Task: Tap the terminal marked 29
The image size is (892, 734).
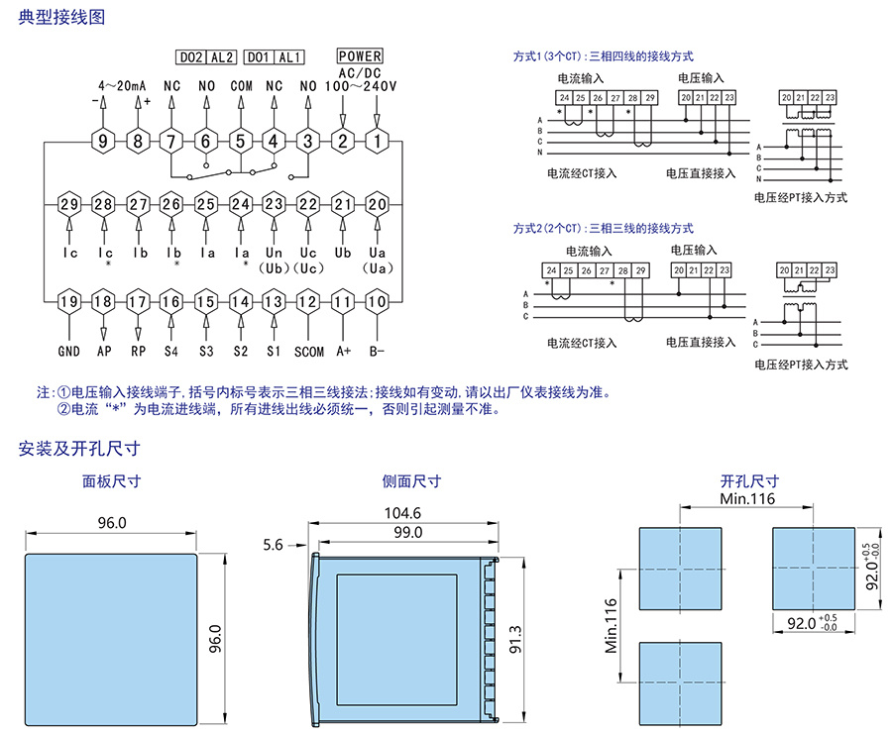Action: [x=68, y=205]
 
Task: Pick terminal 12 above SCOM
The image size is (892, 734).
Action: [x=308, y=302]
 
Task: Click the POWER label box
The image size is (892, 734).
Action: [x=360, y=57]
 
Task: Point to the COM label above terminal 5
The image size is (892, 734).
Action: [x=241, y=86]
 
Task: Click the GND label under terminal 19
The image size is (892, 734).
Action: [x=68, y=351]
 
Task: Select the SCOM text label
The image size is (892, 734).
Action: [x=308, y=351]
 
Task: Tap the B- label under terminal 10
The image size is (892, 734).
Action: [x=377, y=351]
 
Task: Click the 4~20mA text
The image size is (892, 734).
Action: [x=123, y=86]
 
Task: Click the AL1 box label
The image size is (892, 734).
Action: [x=290, y=57]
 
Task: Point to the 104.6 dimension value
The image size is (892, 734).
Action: [x=402, y=513]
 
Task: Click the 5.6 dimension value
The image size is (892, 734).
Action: [x=275, y=545]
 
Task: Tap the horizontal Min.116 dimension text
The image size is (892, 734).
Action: [x=747, y=499]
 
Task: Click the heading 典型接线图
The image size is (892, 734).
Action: [x=61, y=19]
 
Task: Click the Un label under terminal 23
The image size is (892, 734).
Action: [x=274, y=253]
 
